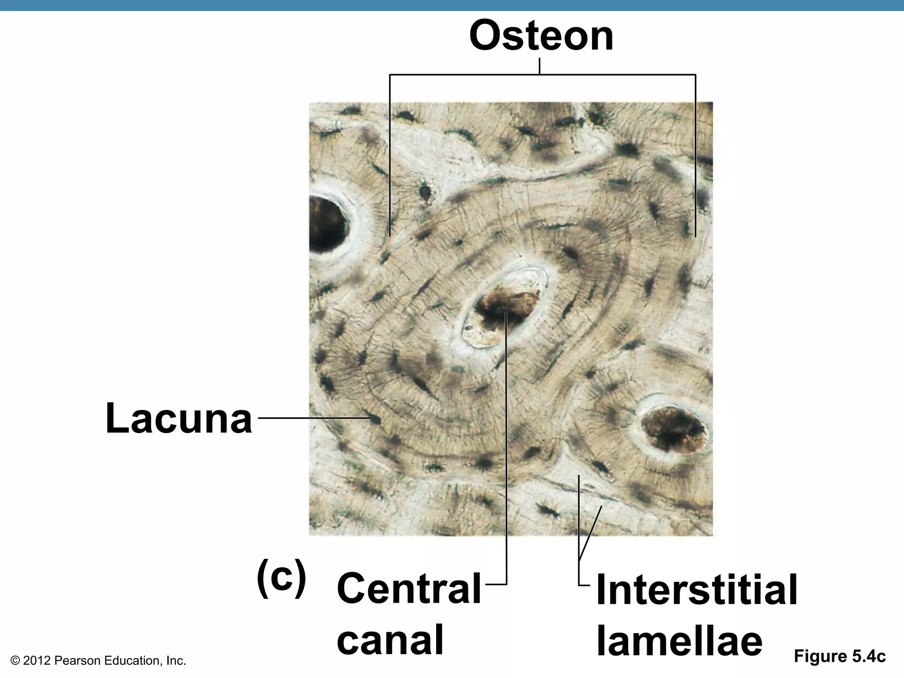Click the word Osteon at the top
[x=541, y=36]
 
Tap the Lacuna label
[x=179, y=418]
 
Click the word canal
[x=390, y=640]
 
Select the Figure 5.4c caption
[x=840, y=656]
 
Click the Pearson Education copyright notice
[x=98, y=661]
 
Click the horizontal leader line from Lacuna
[x=313, y=418]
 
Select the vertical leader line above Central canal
[x=506, y=441]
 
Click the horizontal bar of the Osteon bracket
[x=542, y=75]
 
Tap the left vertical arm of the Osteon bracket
[x=390, y=154]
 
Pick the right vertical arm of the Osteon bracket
[x=695, y=154]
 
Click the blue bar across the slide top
[x=452, y=5]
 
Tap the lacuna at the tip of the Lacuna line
[x=375, y=419]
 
